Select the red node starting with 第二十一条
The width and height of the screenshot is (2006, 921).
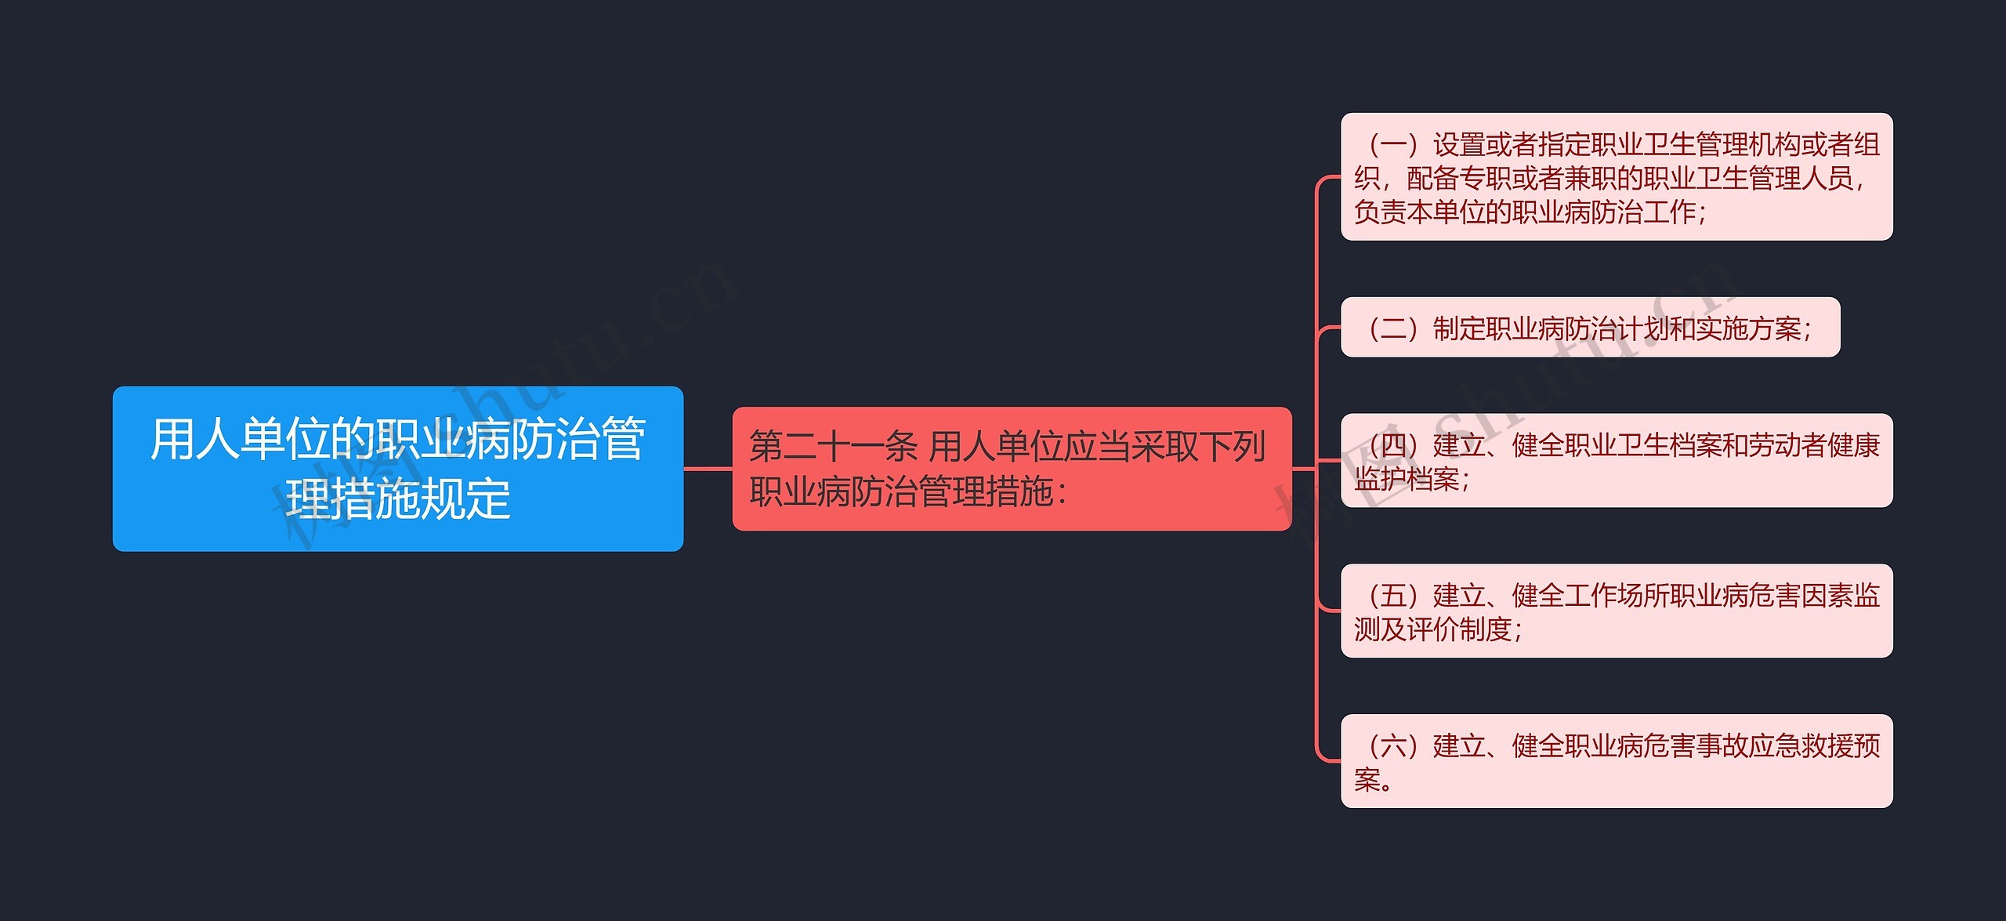(1011, 469)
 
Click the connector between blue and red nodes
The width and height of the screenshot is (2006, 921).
(708, 469)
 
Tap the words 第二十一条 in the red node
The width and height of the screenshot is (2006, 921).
(832, 447)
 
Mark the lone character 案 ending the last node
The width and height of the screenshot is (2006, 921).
(1367, 780)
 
